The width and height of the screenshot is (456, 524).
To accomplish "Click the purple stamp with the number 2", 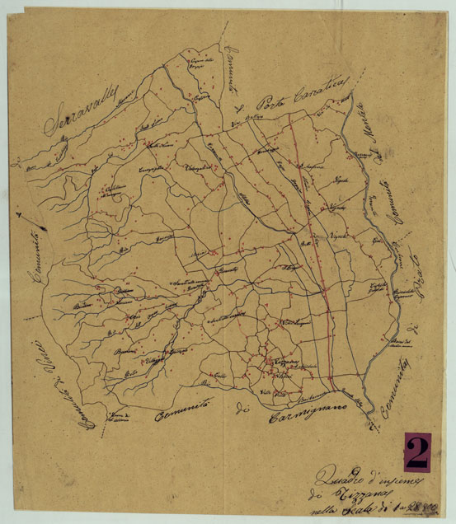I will pos(417,451).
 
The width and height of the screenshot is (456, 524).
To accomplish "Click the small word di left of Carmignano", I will pos(242,407).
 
